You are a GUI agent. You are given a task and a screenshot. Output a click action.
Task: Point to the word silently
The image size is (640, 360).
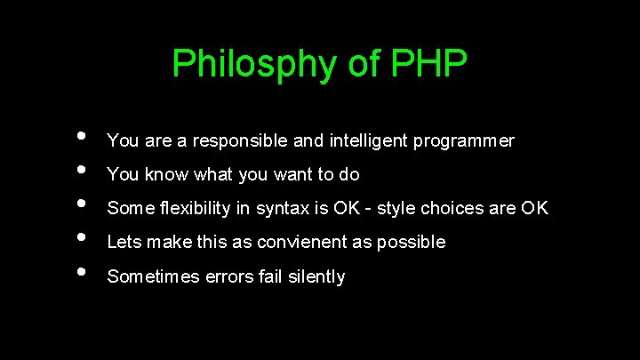point(315,277)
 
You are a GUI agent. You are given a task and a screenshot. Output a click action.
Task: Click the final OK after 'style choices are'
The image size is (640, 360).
point(535,209)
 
